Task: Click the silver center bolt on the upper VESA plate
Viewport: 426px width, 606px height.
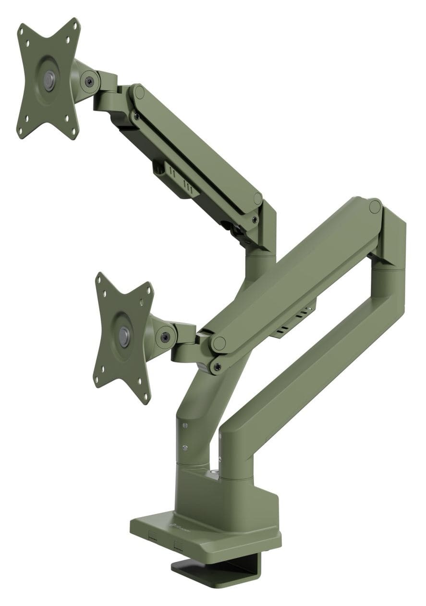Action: [49, 79]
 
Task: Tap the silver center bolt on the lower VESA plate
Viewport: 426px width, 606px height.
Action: [124, 336]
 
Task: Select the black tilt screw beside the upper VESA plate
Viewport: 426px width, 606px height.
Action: [89, 81]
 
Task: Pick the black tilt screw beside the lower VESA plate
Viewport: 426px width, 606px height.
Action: [165, 337]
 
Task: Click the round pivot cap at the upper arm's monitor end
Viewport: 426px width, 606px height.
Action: [139, 92]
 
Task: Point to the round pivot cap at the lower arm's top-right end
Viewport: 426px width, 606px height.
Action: [375, 207]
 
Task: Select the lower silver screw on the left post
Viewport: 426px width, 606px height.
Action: [185, 447]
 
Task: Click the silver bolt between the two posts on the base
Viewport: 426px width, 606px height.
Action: [216, 476]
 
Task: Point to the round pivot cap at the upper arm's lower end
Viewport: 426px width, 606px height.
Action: [258, 199]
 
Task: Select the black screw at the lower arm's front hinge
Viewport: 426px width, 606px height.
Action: [218, 367]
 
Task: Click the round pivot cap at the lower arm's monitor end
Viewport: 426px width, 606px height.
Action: [219, 343]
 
